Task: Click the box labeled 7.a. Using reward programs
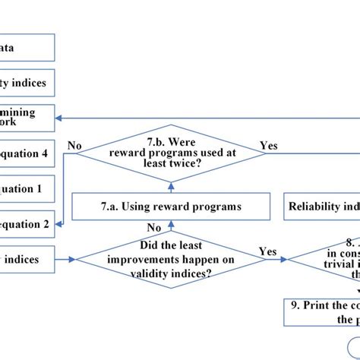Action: pos(171,206)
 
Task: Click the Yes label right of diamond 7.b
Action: pos(269,144)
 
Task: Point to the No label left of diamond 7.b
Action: pos(74,144)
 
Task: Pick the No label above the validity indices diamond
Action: pos(154,226)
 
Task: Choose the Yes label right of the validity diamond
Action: pos(267,251)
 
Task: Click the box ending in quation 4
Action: pos(27,154)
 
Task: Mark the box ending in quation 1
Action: pos(27,188)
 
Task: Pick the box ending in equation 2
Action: pos(27,223)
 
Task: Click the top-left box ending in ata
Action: pos(27,47)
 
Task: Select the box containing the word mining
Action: pos(27,118)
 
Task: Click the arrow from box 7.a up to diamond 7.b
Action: pos(171,187)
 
